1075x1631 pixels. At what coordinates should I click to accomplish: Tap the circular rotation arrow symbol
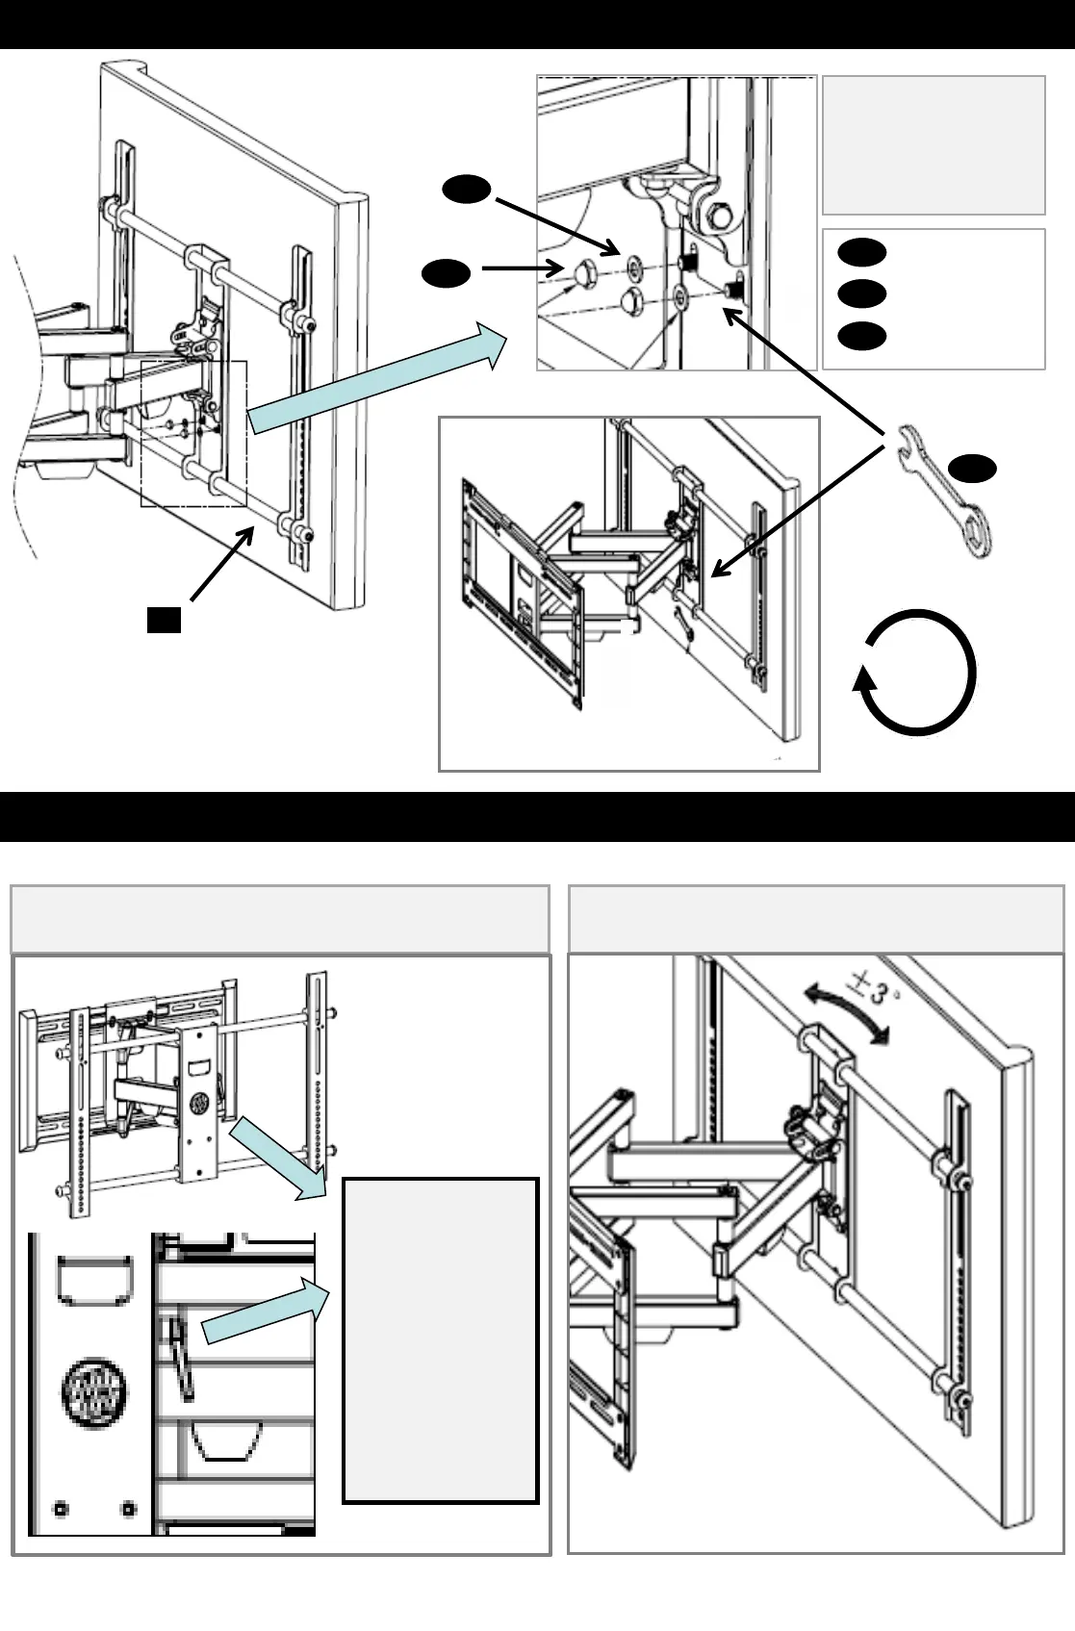[x=916, y=673]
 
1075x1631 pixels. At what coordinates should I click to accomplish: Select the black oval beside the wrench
[x=973, y=468]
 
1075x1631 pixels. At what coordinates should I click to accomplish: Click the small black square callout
[x=165, y=620]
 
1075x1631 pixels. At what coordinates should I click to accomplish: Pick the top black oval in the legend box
[x=861, y=252]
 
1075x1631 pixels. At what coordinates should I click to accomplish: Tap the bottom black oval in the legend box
[x=861, y=335]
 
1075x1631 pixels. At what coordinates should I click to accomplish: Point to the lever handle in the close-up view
[x=182, y=1358]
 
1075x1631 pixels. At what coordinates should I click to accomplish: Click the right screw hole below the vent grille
[x=128, y=1508]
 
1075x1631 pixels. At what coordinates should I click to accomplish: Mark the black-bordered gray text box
[x=440, y=1339]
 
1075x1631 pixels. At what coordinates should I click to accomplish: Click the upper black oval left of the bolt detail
[x=468, y=191]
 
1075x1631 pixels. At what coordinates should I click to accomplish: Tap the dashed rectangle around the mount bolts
[x=193, y=434]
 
